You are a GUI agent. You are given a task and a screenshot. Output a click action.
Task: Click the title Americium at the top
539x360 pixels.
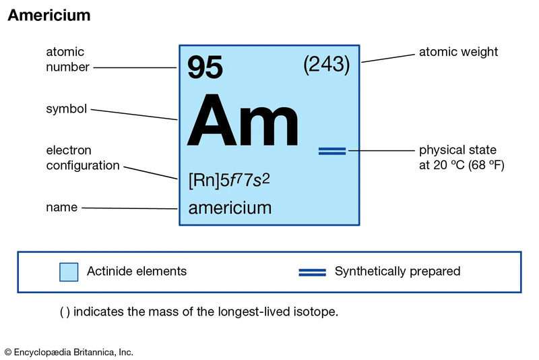(x=49, y=15)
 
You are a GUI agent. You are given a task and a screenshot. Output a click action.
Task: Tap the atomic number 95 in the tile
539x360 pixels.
(x=205, y=67)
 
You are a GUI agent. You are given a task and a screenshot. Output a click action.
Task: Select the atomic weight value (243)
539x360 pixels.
(x=327, y=64)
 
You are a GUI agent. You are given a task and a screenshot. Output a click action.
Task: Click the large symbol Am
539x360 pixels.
(x=243, y=121)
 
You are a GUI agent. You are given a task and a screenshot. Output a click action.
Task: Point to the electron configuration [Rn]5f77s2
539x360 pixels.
(x=229, y=180)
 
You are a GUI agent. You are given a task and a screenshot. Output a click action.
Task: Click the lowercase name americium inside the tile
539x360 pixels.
(x=230, y=208)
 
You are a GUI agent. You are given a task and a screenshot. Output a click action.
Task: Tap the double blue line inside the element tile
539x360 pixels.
(x=332, y=151)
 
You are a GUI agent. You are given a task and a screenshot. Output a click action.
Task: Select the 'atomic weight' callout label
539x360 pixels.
(x=458, y=52)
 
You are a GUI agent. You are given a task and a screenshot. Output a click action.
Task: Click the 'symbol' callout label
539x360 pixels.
(x=66, y=109)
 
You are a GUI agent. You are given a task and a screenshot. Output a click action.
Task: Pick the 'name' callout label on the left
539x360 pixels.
(x=62, y=208)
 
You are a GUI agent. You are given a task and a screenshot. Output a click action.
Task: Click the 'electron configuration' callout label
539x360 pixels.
(x=83, y=158)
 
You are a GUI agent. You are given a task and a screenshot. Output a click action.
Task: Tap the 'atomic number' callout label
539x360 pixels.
(x=68, y=59)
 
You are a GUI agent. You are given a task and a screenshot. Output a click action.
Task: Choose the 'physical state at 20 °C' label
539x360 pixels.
(x=462, y=158)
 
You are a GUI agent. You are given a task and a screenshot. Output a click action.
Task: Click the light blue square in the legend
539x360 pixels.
(x=69, y=272)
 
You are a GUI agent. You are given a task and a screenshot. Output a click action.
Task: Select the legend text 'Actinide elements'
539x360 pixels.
(x=137, y=271)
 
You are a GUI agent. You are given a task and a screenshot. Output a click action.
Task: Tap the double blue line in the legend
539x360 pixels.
(x=312, y=272)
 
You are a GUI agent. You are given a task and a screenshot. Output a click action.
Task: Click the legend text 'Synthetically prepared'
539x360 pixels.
(x=398, y=271)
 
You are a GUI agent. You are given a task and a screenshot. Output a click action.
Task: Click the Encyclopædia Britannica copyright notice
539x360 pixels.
(x=69, y=353)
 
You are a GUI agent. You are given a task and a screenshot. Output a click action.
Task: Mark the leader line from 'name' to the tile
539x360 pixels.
(x=129, y=208)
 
